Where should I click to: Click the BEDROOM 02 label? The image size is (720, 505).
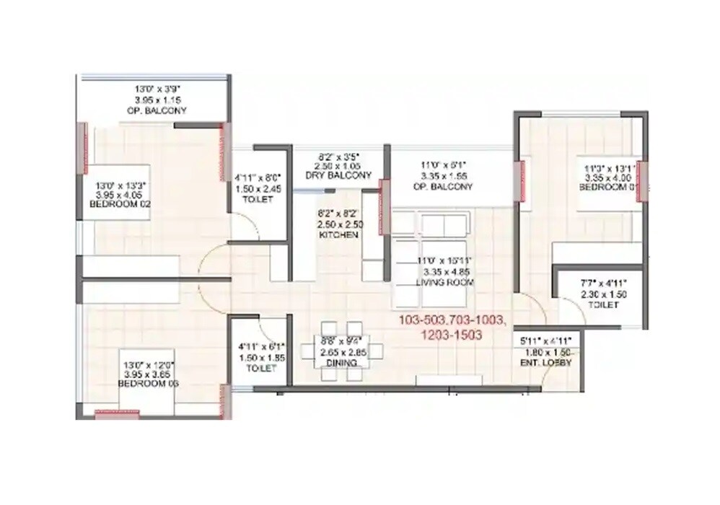[x=120, y=205]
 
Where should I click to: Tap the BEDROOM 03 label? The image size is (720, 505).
[x=149, y=384]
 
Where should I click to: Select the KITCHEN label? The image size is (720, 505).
[x=340, y=234]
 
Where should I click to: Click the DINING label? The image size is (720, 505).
[x=341, y=363]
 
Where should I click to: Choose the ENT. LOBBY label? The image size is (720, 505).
[x=546, y=362]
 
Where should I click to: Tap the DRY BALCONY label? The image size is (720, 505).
[x=340, y=175]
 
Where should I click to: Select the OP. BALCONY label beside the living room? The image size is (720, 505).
[x=447, y=187]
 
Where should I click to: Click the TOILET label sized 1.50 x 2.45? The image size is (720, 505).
[x=259, y=198]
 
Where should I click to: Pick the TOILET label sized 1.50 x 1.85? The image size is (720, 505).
[x=261, y=368]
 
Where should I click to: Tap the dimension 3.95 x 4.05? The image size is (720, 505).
[x=120, y=195]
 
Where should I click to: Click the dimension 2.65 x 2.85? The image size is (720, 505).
[x=341, y=352]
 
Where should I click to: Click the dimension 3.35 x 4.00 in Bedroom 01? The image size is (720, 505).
[x=610, y=178]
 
